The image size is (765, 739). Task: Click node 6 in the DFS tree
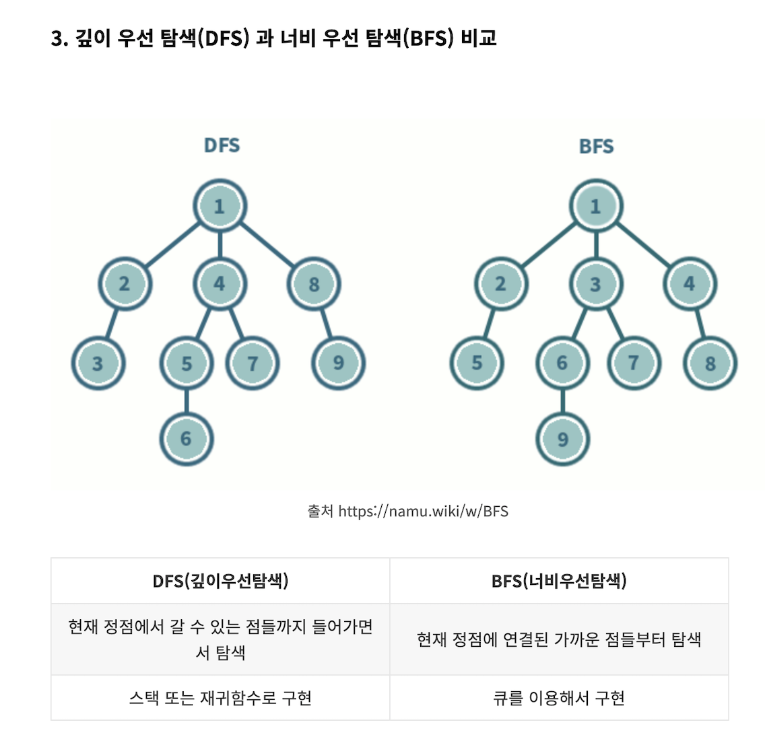187,439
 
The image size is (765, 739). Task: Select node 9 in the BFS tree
562,439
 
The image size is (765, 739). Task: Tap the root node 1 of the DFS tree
220,206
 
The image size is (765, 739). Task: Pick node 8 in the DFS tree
314,284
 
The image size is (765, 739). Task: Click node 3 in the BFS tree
595,284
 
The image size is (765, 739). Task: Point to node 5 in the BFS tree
477,363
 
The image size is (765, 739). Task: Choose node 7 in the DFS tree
253,363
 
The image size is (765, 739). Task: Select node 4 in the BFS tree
689,283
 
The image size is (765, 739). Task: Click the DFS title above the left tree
222,145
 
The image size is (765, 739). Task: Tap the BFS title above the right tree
596,146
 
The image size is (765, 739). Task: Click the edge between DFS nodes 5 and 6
187,401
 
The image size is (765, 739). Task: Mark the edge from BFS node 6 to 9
562,401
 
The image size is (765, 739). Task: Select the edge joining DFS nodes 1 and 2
172,245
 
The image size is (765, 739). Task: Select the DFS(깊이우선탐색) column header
220,581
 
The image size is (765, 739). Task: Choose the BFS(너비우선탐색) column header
559,581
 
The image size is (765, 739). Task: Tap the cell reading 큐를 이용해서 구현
559,698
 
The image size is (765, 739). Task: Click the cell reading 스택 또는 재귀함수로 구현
220,698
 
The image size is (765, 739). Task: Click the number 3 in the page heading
57,38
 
